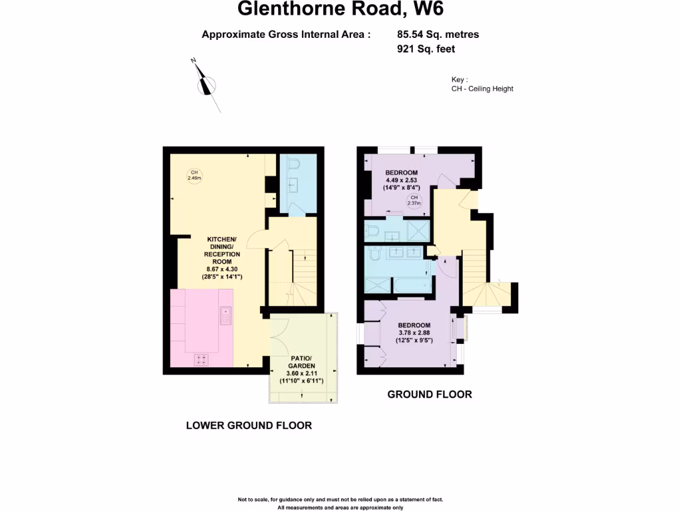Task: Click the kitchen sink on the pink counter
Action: click(225, 315)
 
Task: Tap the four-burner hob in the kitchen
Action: click(202, 359)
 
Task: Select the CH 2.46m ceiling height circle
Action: click(194, 175)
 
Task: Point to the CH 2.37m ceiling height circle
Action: click(414, 201)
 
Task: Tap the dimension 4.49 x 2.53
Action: click(402, 180)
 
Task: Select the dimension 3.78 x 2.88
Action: click(415, 333)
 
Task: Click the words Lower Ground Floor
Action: click(249, 425)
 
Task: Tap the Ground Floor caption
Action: click(430, 394)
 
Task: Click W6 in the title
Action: click(427, 9)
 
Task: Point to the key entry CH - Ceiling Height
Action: click(482, 88)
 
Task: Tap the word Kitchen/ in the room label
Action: click(222, 239)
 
